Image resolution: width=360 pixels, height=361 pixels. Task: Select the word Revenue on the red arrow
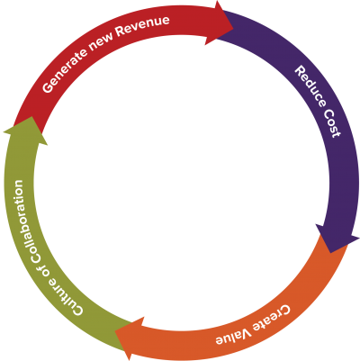(142, 25)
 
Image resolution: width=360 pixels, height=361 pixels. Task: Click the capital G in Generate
(48, 87)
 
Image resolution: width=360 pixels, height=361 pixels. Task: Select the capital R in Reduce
(300, 71)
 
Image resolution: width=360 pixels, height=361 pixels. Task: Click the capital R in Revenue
(120, 31)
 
